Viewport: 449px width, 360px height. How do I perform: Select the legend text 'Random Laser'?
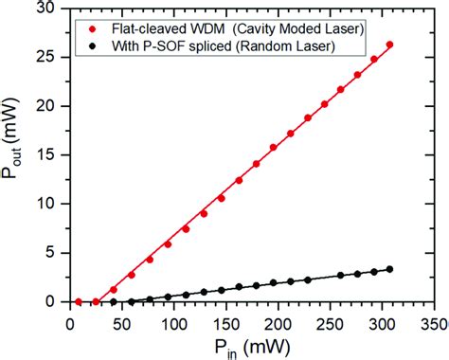[x=314, y=45]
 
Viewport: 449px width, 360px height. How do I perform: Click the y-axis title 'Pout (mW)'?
[x=13, y=155]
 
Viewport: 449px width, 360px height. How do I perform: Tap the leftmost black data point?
[x=114, y=301]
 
